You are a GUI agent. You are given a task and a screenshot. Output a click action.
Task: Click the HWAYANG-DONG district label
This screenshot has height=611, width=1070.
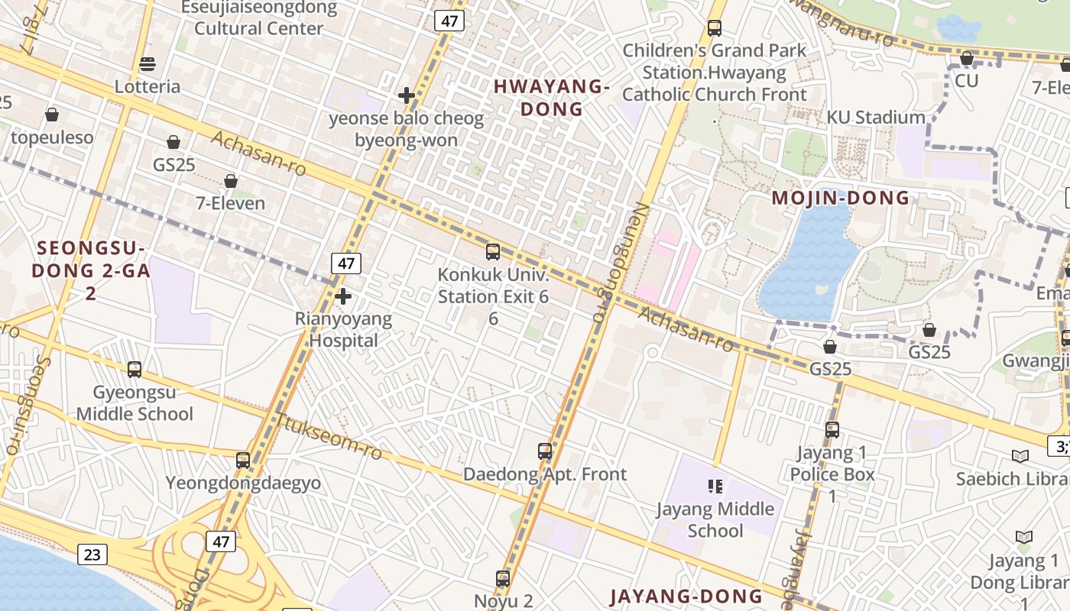[x=551, y=98]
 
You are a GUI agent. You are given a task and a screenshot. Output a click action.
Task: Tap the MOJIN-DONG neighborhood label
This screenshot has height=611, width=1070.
[x=841, y=199]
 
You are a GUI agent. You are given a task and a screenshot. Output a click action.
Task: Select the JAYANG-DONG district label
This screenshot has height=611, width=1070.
[x=686, y=596]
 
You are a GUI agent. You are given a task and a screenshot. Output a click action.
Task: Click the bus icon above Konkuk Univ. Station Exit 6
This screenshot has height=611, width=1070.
[x=493, y=251]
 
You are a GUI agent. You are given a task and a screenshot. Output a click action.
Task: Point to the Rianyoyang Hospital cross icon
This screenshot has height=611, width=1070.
[x=343, y=296]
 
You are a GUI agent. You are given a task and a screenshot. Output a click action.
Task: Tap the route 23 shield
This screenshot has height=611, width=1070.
[x=92, y=554]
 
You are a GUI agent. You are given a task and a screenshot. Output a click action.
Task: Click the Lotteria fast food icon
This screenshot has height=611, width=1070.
[x=148, y=63]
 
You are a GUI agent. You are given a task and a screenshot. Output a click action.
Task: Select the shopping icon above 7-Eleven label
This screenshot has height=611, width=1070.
[x=231, y=181]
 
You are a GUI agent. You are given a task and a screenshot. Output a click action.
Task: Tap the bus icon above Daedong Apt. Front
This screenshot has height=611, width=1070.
[x=545, y=451]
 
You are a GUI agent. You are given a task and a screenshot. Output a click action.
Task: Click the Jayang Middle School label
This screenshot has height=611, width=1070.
[x=715, y=519]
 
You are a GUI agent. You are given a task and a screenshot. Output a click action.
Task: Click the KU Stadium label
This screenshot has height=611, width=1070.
[x=876, y=118]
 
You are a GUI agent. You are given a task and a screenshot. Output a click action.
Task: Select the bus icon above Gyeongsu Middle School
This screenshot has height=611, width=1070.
[x=135, y=370]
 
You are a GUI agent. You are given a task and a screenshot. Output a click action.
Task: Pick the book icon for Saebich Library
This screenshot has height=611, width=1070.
[x=1020, y=456]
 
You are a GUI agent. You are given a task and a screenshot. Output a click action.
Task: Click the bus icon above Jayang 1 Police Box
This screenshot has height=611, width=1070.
[x=832, y=430]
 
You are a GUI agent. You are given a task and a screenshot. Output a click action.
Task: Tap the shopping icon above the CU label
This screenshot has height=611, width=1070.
[x=967, y=58]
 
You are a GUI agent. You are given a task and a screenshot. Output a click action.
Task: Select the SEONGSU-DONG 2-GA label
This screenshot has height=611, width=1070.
[x=90, y=260]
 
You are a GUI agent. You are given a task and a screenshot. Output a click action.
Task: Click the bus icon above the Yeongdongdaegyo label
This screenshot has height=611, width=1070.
[x=243, y=461]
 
